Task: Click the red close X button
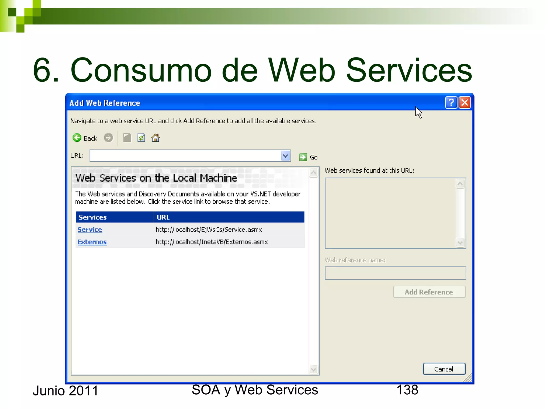[465, 103]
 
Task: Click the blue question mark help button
[451, 103]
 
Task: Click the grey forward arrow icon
[108, 138]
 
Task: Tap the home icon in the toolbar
[155, 138]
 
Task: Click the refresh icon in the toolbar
[141, 138]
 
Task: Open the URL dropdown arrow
[285, 156]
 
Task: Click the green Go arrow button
[303, 157]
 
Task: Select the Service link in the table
[90, 230]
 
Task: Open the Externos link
[92, 242]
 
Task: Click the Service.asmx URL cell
[209, 230]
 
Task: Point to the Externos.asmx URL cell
[212, 242]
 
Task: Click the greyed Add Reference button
[429, 292]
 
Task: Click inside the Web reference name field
[395, 273]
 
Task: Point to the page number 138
[407, 390]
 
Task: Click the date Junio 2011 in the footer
[65, 391]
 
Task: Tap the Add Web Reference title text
[105, 103]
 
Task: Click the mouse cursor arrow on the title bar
[418, 112]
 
